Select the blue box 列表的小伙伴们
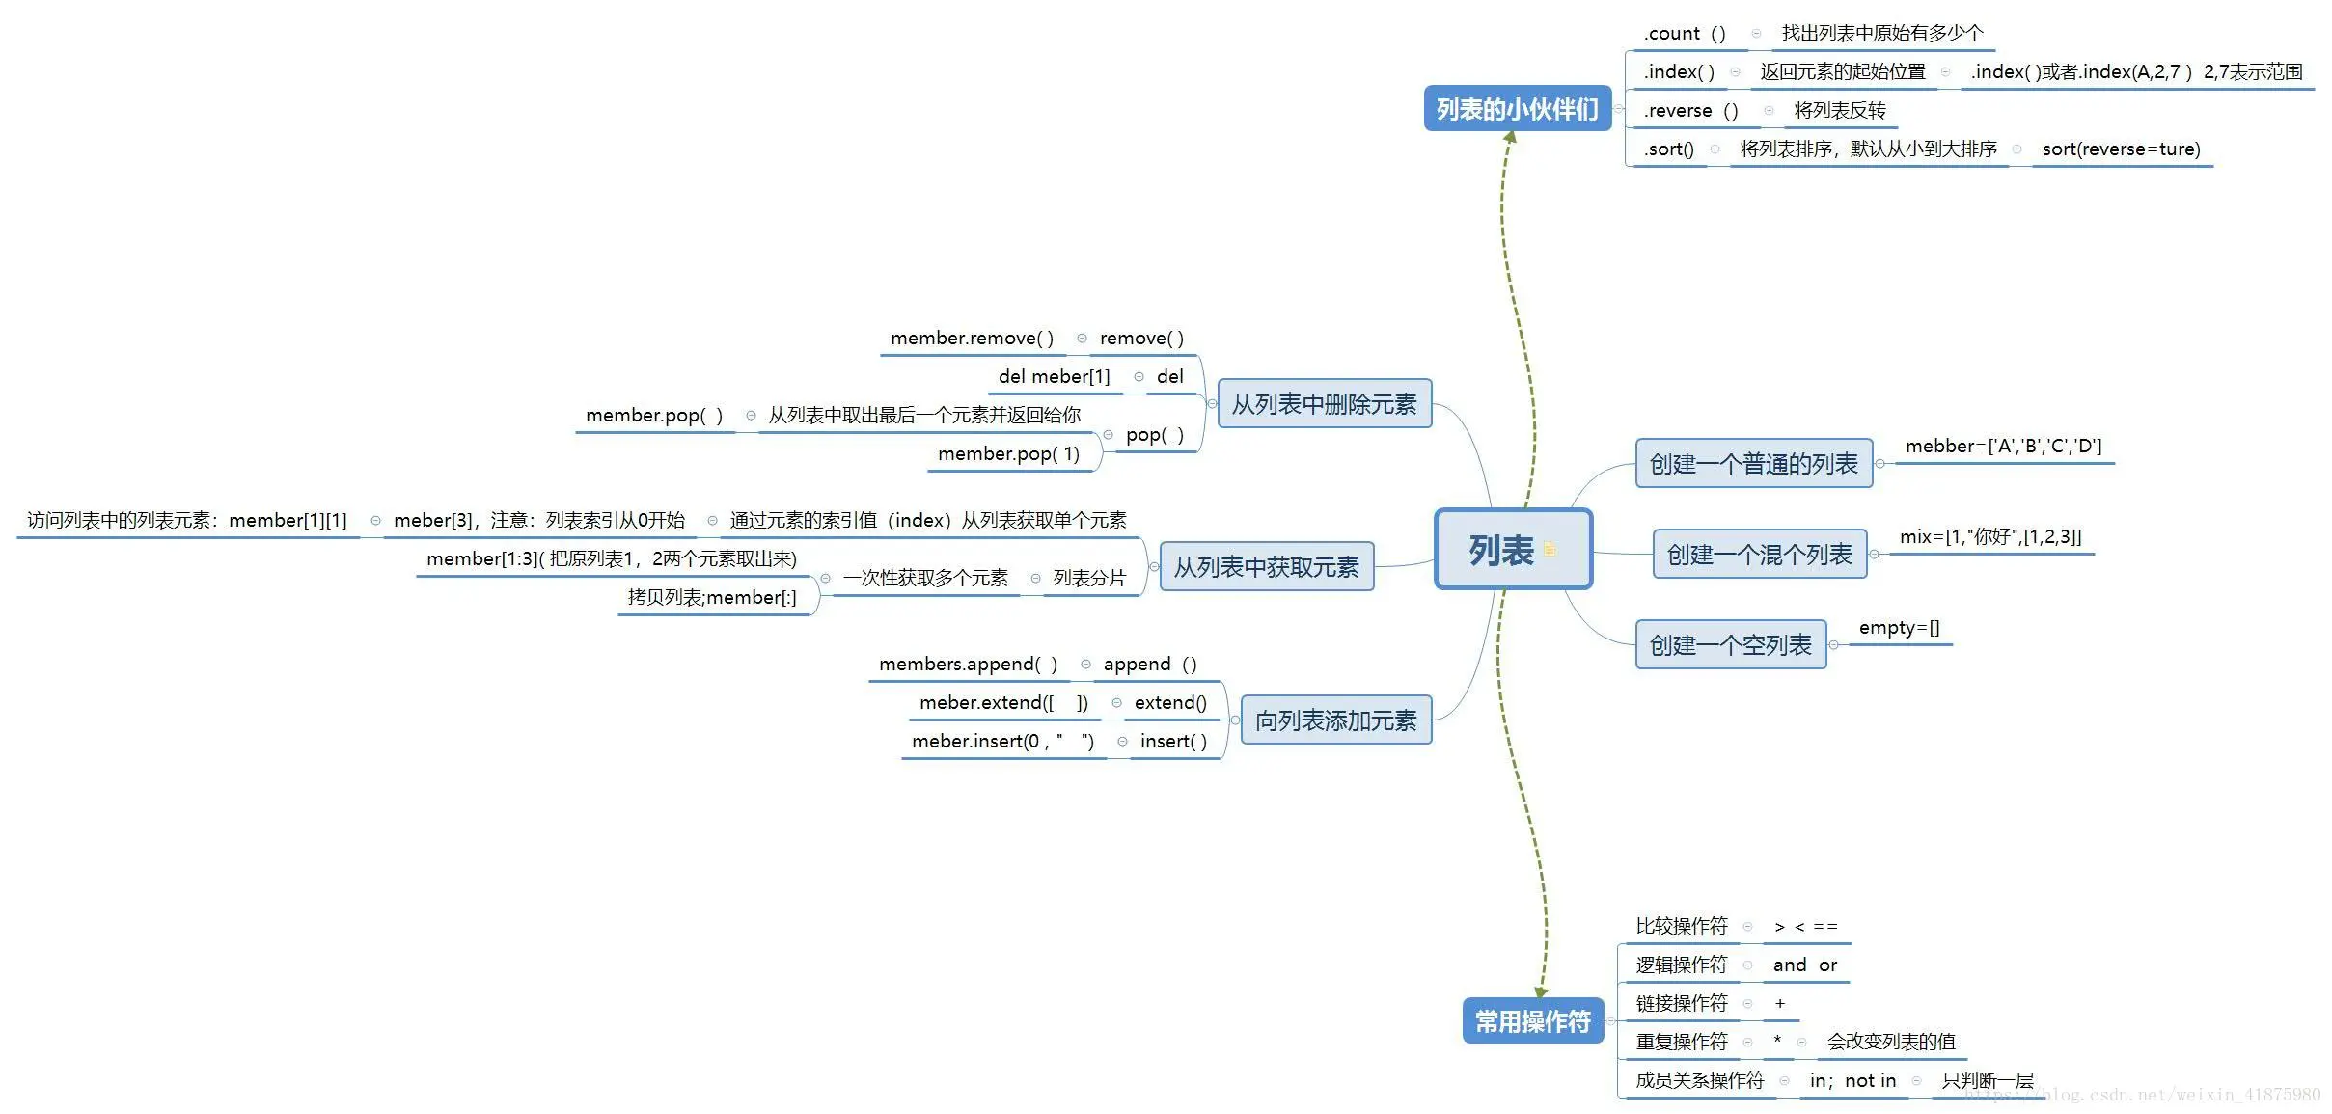(x=1517, y=109)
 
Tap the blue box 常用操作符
(x=1532, y=1020)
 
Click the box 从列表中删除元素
(x=1324, y=404)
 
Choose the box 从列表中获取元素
(x=1266, y=567)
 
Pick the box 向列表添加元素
(x=1335, y=720)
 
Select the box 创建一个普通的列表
(x=1753, y=464)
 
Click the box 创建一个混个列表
(x=1759, y=555)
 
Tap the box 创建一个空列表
(x=1730, y=645)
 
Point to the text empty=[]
(x=1899, y=628)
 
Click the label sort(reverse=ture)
(x=2121, y=149)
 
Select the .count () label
(x=1685, y=34)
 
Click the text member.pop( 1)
(x=1008, y=454)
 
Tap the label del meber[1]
(x=1054, y=377)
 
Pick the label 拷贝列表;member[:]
(x=712, y=598)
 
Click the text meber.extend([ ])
(x=1003, y=703)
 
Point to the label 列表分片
(x=1089, y=579)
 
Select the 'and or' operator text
(x=1804, y=965)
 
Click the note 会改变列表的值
(x=1890, y=1043)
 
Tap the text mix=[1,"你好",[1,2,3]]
(x=1989, y=537)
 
